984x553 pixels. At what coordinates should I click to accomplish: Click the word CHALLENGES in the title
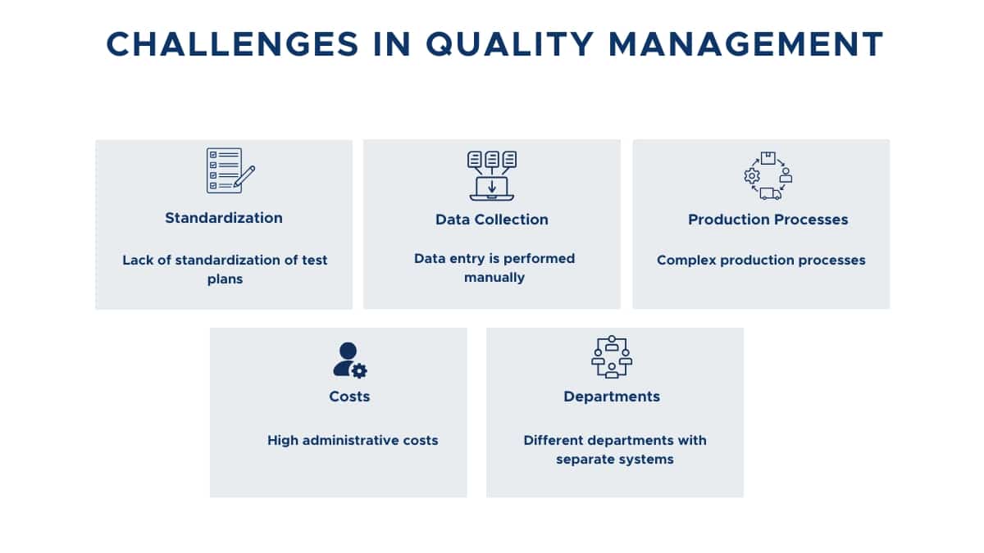pyautogui.click(x=233, y=44)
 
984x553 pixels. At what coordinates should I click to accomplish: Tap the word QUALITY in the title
pyautogui.click(x=510, y=45)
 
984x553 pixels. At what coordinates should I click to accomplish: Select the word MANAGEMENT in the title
pyautogui.click(x=746, y=44)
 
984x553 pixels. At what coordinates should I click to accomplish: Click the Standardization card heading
pyautogui.click(x=224, y=218)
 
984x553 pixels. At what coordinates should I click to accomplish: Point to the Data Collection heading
pyautogui.click(x=491, y=220)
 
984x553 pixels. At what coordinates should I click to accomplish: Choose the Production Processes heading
pyautogui.click(x=768, y=220)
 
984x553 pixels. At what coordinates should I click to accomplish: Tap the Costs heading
pyautogui.click(x=349, y=397)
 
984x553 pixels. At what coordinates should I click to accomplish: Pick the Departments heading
pyautogui.click(x=612, y=397)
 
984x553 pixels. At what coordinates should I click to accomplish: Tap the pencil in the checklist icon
pyautogui.click(x=244, y=176)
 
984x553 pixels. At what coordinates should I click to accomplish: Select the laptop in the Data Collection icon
pyautogui.click(x=491, y=188)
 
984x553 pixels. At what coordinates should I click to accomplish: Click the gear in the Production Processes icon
pyautogui.click(x=752, y=176)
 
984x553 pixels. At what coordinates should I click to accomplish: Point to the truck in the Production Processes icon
pyautogui.click(x=771, y=193)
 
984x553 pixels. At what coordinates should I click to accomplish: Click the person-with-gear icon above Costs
pyautogui.click(x=350, y=360)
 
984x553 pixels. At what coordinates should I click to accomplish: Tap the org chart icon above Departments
pyautogui.click(x=612, y=357)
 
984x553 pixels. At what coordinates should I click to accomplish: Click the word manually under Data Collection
pyautogui.click(x=494, y=278)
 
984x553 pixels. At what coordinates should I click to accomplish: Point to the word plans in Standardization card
pyautogui.click(x=225, y=279)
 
